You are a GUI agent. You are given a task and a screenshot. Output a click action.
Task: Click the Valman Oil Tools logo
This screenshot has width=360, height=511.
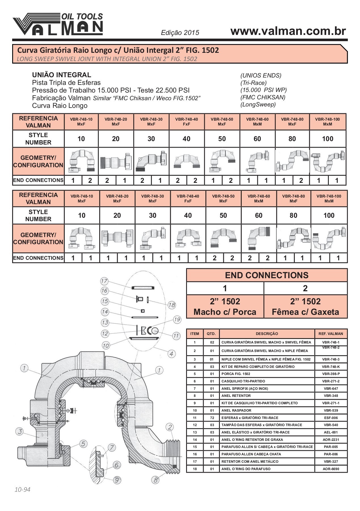tap(58, 24)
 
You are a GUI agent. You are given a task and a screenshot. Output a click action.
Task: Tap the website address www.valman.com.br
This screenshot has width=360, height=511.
tap(288, 31)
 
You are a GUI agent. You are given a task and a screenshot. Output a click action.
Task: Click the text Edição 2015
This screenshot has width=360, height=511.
tap(180, 33)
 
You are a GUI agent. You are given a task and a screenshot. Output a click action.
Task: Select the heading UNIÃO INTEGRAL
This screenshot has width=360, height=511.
tap(62, 75)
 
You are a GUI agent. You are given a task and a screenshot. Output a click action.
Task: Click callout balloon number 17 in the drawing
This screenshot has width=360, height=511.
tap(104, 281)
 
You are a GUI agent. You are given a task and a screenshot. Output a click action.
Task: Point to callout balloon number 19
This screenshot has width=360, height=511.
tap(177, 320)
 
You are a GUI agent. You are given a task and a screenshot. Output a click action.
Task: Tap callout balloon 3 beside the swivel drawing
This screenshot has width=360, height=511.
tap(20, 432)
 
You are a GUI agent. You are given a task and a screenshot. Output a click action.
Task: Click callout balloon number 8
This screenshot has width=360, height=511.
tap(155, 480)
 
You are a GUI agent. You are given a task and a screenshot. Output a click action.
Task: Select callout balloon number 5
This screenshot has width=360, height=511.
tap(83, 444)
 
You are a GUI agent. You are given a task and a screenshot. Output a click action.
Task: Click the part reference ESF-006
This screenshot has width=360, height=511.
tap(331, 418)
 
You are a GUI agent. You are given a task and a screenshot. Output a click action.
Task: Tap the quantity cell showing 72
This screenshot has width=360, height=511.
tap(212, 418)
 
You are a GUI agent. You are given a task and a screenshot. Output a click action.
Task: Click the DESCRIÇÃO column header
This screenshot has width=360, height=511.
tap(267, 334)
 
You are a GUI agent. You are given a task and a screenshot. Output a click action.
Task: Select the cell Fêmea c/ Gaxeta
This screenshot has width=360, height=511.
tap(305, 312)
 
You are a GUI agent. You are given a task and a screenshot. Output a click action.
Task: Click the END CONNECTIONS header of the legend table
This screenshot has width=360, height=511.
tap(267, 275)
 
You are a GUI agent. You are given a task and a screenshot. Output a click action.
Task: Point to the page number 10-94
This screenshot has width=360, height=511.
tap(22, 489)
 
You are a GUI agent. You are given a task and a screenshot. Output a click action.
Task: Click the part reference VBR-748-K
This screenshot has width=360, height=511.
tap(331, 367)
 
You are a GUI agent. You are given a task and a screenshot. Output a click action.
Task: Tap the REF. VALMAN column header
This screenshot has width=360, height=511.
tap(331, 334)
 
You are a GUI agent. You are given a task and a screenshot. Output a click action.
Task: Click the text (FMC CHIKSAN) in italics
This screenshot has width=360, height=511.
tap(263, 97)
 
